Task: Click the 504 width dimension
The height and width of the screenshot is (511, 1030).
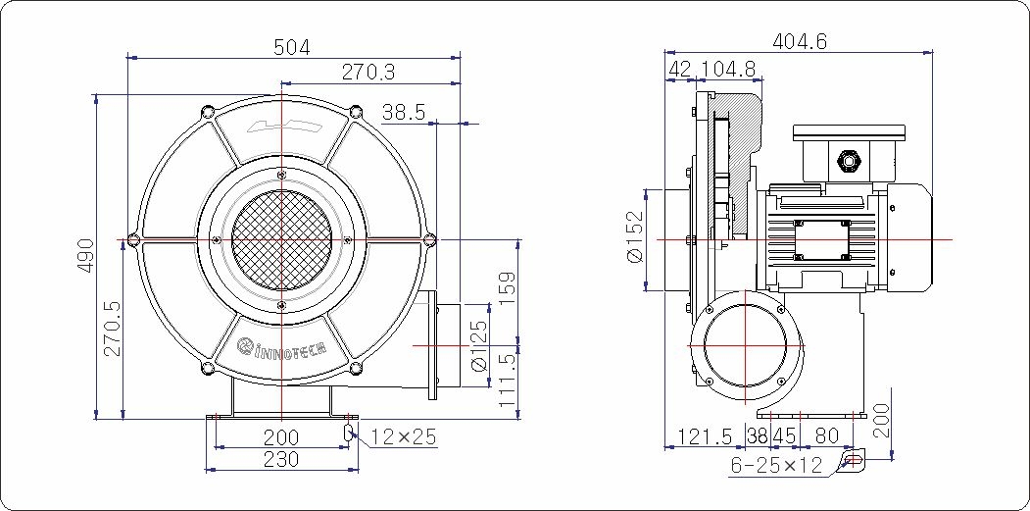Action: (x=292, y=47)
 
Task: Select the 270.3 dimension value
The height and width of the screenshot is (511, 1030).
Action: (x=368, y=73)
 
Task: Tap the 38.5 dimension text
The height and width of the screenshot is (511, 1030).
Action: (x=404, y=113)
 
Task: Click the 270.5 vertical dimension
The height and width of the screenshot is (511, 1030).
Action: (x=113, y=329)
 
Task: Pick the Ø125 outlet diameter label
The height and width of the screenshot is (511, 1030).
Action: (x=480, y=346)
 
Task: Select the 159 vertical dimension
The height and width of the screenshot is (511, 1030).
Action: (x=509, y=290)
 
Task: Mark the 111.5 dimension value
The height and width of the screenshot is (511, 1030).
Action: (x=509, y=381)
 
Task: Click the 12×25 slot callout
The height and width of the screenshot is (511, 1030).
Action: (x=404, y=437)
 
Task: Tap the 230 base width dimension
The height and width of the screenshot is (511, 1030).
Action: (x=281, y=459)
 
